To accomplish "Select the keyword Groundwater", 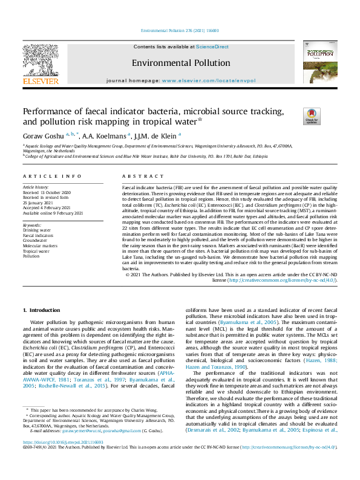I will (x=34, y=241).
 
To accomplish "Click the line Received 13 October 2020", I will (x=47, y=192).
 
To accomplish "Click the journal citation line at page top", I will (x=180, y=30).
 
